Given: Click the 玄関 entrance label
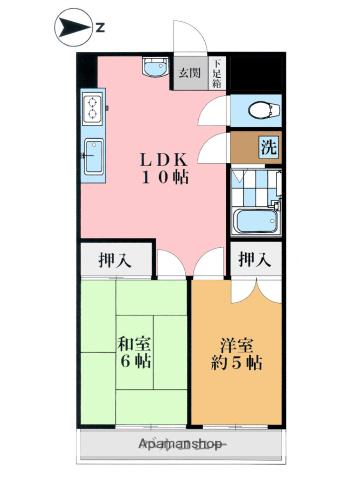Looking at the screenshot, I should point(189,73).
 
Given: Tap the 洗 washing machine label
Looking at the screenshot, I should point(268,146).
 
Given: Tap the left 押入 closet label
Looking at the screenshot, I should point(115,261).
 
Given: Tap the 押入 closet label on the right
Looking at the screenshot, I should point(254,261).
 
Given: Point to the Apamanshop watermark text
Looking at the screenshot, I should point(181,443).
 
